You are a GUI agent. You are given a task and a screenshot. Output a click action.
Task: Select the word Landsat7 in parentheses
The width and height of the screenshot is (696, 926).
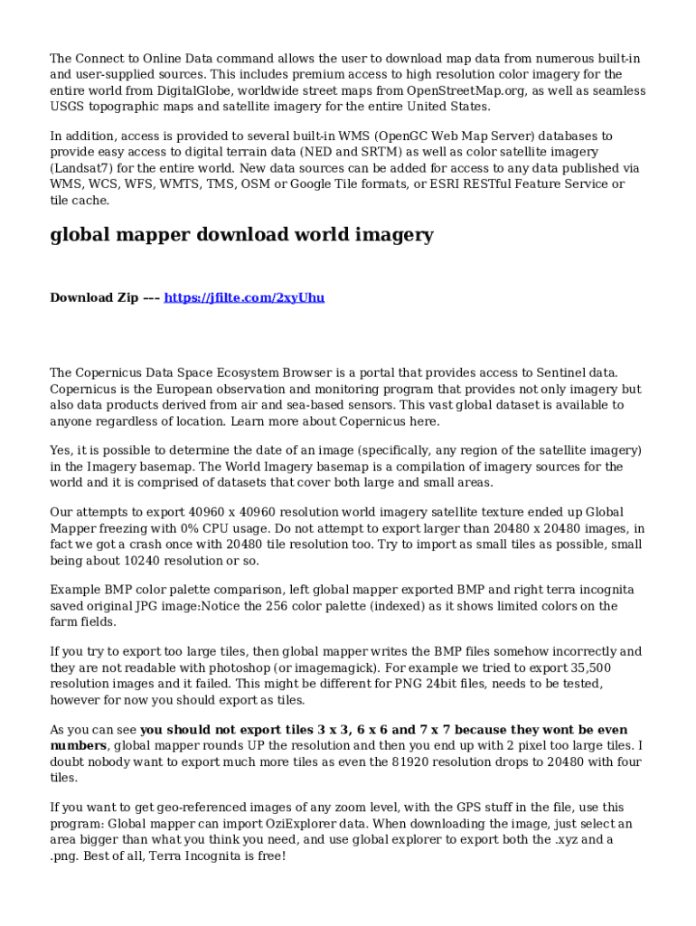click(84, 168)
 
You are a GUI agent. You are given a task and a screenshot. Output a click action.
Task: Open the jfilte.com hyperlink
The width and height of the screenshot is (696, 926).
click(244, 298)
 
